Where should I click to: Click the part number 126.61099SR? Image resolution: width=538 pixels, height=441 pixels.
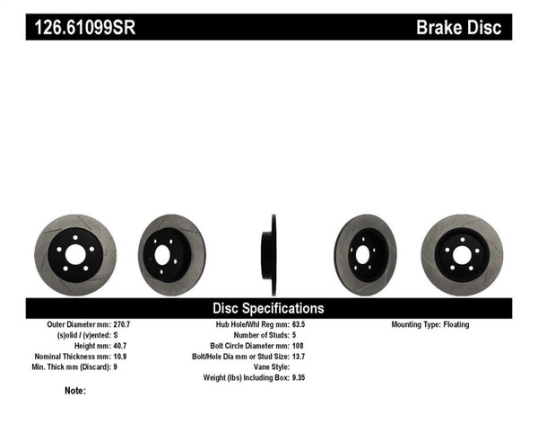tap(85, 27)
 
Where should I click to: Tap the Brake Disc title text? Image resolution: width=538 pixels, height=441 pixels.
tap(457, 27)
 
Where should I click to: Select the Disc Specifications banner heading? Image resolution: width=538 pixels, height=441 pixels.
tap(269, 308)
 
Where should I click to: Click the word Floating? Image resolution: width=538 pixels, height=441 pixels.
tap(455, 325)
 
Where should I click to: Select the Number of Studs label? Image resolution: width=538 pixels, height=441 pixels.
tap(258, 336)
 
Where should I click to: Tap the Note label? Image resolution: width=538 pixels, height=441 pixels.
tap(75, 392)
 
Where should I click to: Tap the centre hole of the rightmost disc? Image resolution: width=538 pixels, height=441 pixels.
tap(461, 255)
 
